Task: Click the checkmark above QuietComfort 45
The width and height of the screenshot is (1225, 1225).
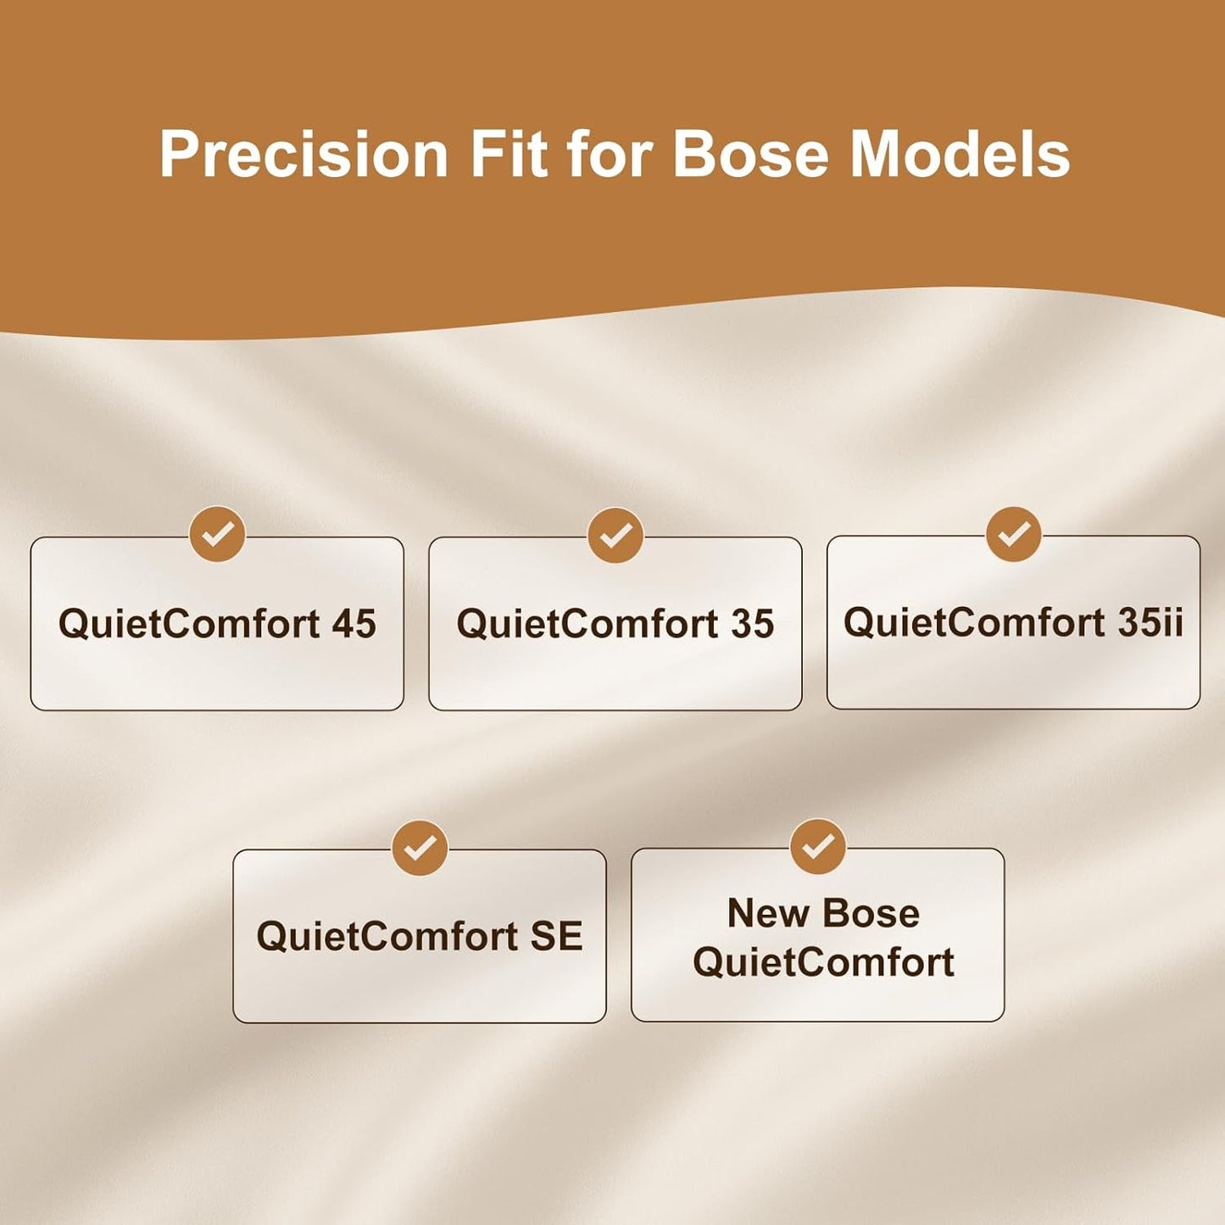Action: (x=217, y=534)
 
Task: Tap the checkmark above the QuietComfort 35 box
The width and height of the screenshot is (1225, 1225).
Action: (x=615, y=535)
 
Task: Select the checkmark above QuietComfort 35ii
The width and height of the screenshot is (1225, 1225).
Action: (x=1013, y=534)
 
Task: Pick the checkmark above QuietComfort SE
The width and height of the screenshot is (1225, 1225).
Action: (x=420, y=848)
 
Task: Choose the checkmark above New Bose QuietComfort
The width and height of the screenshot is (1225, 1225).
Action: (x=817, y=846)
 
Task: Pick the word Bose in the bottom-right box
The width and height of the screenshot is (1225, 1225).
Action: (x=871, y=914)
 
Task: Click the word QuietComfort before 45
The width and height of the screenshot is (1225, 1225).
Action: (x=189, y=624)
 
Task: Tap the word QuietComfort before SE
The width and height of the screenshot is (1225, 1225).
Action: (x=387, y=937)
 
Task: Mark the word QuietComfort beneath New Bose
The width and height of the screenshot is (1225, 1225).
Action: (x=824, y=962)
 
